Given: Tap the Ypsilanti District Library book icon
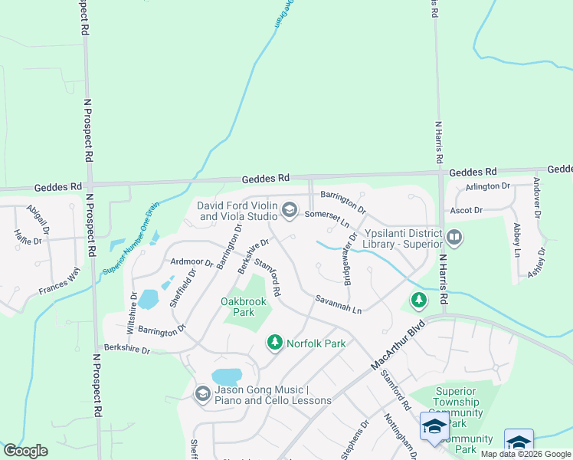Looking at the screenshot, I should pos(455,237).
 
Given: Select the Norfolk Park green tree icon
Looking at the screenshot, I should pos(274,343).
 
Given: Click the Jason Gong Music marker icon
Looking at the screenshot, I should pos(203,394).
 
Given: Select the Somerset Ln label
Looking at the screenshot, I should pos(327,219).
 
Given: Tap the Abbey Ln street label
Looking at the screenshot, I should pos(517,240).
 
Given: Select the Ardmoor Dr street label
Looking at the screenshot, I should pos(192,262).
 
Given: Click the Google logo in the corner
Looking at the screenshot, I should pos(25,451).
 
